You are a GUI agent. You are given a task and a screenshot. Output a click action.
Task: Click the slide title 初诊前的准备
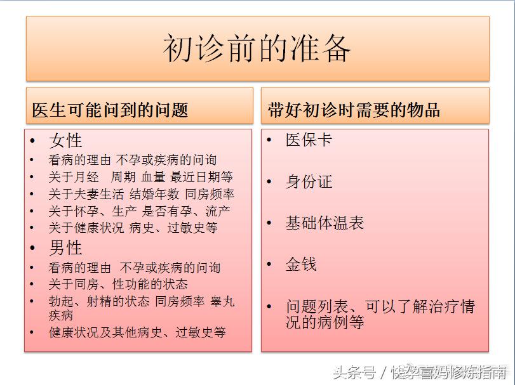pos(257,49)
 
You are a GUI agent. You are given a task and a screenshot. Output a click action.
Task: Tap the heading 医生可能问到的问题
pos(110,110)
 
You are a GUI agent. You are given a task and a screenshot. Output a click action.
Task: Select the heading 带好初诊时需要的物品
pos(354,110)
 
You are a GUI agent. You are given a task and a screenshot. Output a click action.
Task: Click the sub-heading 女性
pos(65,141)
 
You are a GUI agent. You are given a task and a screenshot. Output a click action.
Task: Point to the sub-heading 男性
pos(65,247)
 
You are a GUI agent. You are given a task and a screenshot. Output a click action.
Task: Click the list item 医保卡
pos(309,140)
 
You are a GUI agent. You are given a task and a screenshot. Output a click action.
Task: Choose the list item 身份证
pos(309,182)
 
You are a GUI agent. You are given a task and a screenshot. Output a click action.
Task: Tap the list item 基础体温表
pos(324,223)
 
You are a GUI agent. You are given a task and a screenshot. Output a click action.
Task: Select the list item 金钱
pos(301,264)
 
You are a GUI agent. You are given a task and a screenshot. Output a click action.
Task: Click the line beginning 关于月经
pos(140,177)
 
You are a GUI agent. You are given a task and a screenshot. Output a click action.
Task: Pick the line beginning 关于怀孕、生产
pos(139,211)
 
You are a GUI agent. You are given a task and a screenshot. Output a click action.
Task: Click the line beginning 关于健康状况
pos(133,227)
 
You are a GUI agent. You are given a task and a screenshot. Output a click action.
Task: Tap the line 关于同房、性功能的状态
pos(118,284)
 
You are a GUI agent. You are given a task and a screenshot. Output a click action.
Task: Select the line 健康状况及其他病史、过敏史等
pos(137,332)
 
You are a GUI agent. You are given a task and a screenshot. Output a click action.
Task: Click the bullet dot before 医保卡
pos(270,140)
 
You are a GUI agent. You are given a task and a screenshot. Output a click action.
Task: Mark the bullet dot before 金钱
pos(270,264)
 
